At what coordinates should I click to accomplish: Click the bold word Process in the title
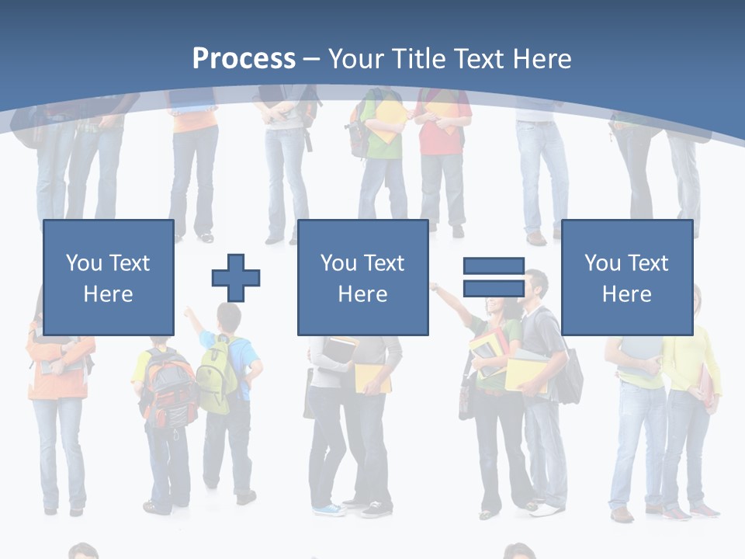[244, 58]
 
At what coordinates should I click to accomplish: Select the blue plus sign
[236, 278]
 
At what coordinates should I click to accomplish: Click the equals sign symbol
[494, 277]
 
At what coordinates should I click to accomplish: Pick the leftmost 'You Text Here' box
[108, 278]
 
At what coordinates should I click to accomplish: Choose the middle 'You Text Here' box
[362, 278]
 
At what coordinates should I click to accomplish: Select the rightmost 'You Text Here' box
[626, 278]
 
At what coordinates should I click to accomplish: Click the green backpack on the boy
[216, 377]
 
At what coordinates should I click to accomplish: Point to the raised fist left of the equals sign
[435, 288]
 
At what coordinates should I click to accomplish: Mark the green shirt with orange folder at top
[386, 124]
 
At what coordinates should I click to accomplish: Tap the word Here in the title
[542, 58]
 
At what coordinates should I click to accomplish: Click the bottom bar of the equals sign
[494, 288]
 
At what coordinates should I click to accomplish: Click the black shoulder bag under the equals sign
[570, 377]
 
